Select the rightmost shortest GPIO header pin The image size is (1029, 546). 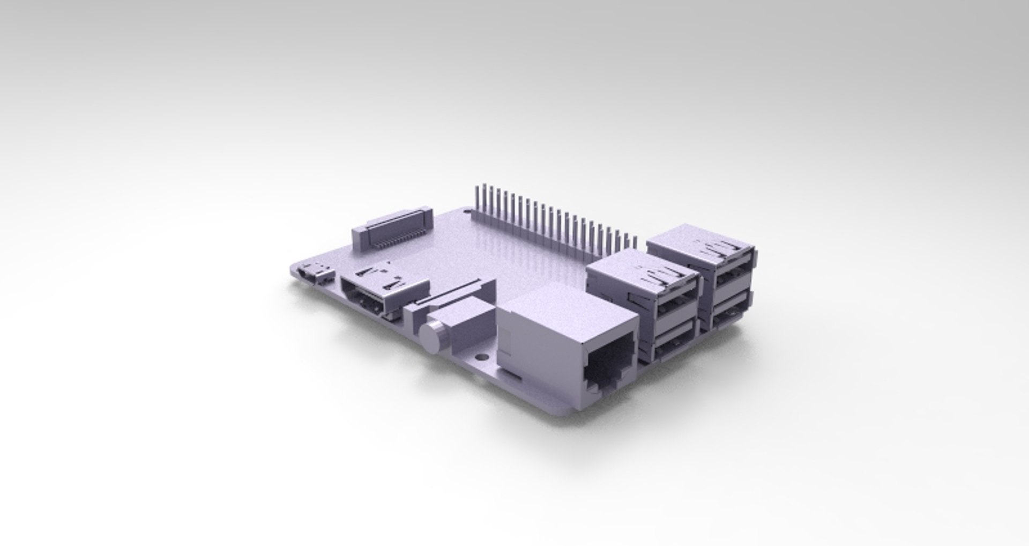[x=636, y=242]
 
